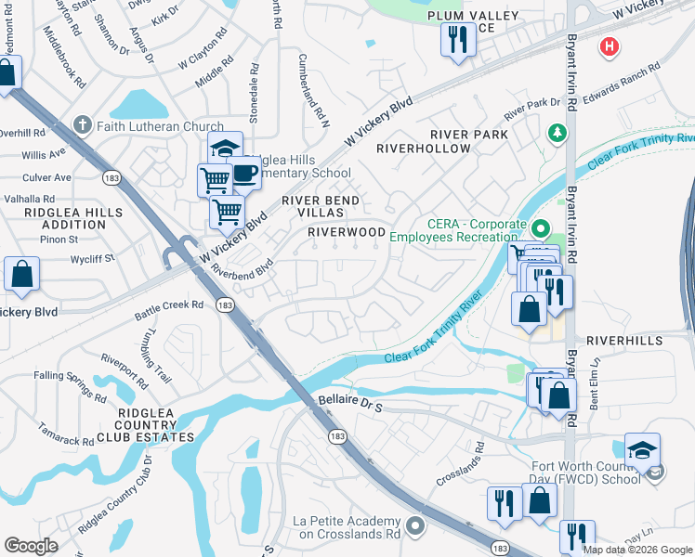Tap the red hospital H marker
pyautogui.click(x=610, y=45)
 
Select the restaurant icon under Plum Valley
pyautogui.click(x=456, y=40)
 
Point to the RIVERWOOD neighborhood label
pyautogui.click(x=347, y=231)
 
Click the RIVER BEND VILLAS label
pyautogui.click(x=321, y=207)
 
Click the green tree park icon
pyautogui.click(x=557, y=134)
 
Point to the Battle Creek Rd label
pyautogui.click(x=169, y=304)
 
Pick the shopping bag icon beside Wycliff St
pyautogui.click(x=22, y=275)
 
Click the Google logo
pyautogui.click(x=31, y=546)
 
